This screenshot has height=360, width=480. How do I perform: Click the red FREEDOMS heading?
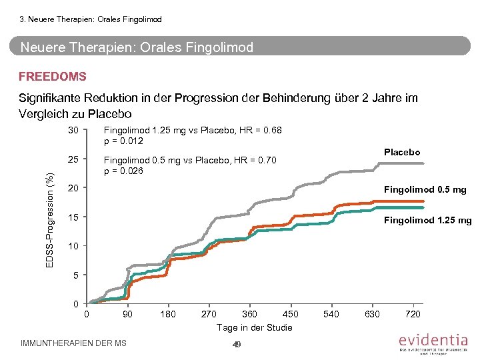53,77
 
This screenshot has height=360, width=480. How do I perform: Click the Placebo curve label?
402,152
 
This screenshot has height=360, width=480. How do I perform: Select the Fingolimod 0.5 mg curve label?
425,189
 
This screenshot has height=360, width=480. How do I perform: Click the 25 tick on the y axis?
74,160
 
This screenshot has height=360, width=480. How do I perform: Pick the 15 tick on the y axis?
74,218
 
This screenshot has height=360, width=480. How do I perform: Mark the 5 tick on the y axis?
76,275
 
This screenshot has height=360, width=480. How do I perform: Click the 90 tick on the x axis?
127,314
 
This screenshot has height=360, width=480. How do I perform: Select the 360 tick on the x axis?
249,314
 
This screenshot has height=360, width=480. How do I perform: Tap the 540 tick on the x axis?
331,314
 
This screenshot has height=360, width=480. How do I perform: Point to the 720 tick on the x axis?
413,314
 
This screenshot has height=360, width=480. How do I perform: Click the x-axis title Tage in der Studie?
254,327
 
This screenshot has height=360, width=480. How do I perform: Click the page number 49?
236,344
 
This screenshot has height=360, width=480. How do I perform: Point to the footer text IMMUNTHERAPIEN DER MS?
74,343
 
